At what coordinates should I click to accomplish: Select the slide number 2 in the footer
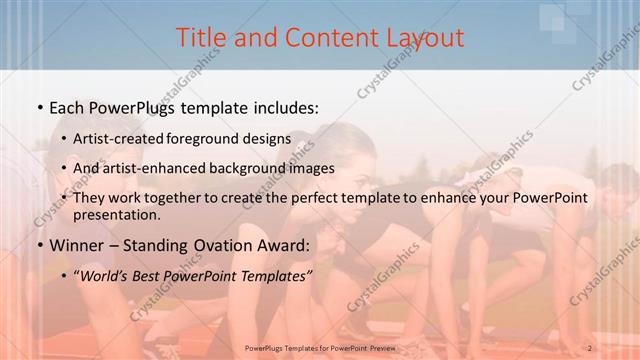590,348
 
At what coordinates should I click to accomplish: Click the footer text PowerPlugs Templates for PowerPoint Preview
319,348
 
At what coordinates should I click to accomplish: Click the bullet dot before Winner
38,245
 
